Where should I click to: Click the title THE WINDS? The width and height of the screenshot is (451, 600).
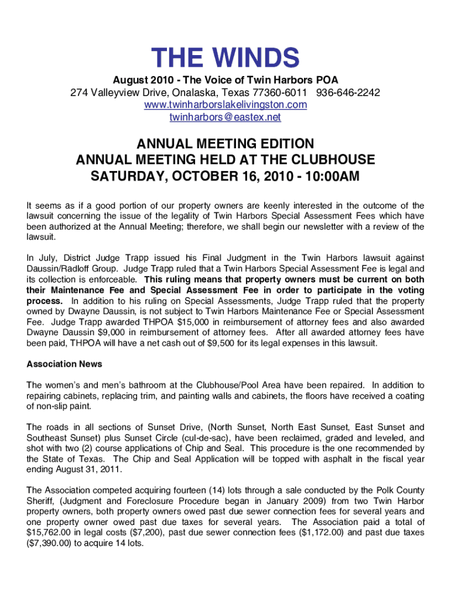point(225,58)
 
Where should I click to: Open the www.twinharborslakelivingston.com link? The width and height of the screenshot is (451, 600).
point(225,105)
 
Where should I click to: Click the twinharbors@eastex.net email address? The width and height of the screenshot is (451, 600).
point(225,117)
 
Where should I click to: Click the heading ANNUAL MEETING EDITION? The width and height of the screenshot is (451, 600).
point(225,144)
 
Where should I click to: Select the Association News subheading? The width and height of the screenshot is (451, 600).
point(64,364)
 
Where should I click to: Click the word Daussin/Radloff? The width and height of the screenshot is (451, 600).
point(55,268)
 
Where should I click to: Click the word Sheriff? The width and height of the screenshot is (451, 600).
point(42,500)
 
